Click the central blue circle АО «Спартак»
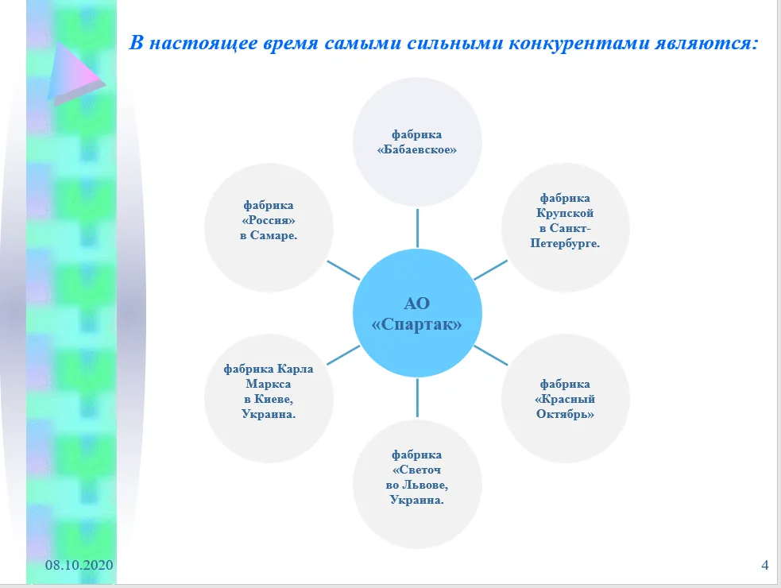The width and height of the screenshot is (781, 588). [x=417, y=313]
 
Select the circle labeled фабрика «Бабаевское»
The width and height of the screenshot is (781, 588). [x=417, y=142]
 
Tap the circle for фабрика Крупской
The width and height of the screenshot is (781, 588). [x=566, y=228]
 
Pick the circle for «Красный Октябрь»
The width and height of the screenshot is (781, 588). [x=566, y=399]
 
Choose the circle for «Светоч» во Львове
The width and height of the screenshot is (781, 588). [x=417, y=485]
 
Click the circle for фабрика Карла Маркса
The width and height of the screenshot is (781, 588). [x=269, y=399]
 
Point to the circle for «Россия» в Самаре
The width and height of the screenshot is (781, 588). [x=269, y=228]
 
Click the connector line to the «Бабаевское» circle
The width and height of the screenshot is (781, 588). [x=417, y=228]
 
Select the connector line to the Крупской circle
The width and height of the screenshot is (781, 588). [x=491, y=270]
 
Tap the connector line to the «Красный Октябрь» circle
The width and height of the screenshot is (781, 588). [x=491, y=355]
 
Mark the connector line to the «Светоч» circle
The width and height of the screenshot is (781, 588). [x=417, y=398]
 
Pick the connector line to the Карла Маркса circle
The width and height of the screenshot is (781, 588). [x=343, y=355]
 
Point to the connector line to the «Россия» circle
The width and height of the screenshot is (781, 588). [x=343, y=270]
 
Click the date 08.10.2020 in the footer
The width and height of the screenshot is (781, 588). [x=79, y=565]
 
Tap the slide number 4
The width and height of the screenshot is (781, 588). [x=765, y=565]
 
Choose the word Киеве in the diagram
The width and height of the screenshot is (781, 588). [x=272, y=399]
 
